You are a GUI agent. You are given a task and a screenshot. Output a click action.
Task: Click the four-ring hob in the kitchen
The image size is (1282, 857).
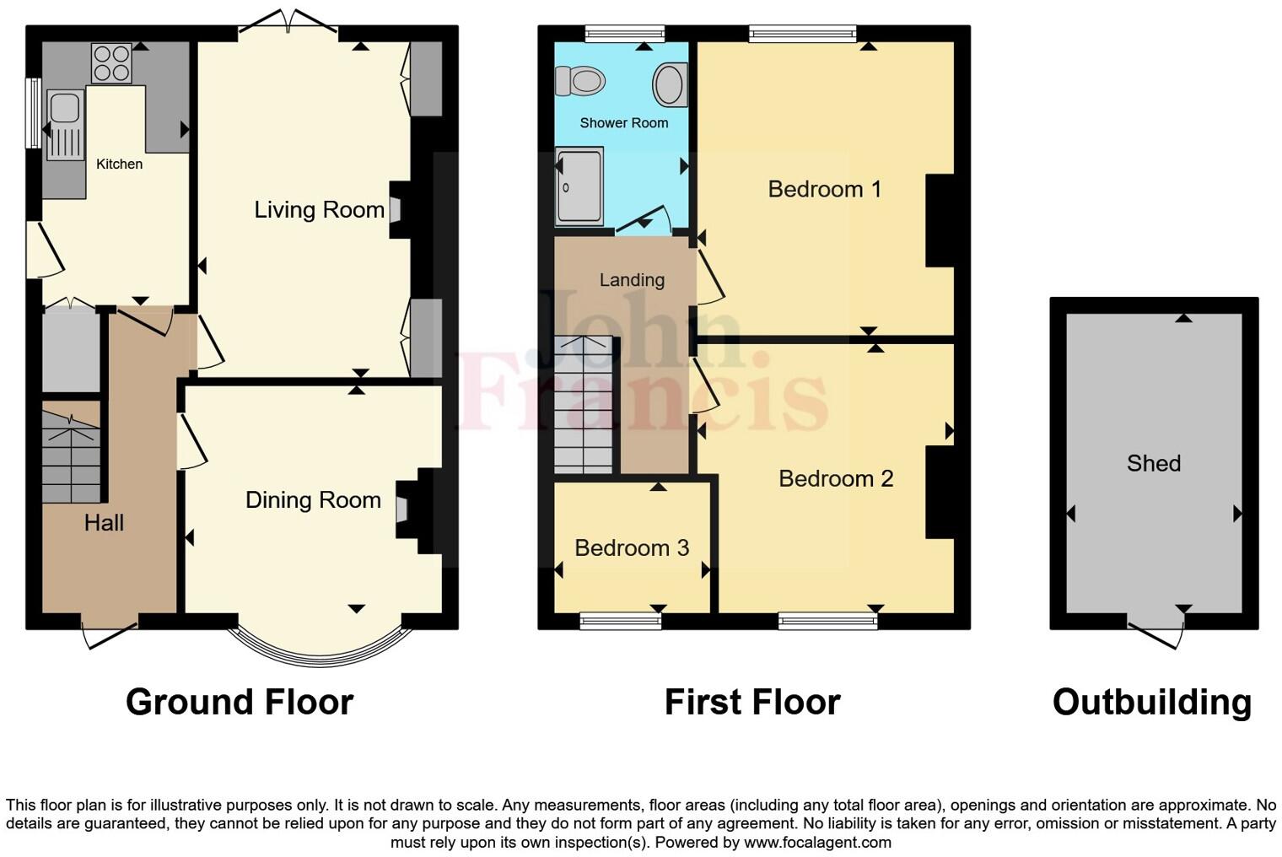pos(111,63)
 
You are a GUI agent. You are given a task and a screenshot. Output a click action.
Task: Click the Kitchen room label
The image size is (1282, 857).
pos(119,164)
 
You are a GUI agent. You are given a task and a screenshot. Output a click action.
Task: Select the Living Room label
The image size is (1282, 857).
pos(319,209)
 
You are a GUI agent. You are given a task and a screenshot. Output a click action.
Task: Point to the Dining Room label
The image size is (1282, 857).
pos(313,500)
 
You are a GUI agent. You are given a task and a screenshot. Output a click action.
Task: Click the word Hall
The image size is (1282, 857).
pos(104,523)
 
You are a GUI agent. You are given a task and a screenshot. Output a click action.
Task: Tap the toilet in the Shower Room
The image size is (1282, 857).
pos(580,82)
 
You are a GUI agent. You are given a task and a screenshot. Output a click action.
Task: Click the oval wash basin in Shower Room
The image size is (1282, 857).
pos(671,84)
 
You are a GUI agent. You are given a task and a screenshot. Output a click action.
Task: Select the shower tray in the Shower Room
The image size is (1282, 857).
pos(579,186)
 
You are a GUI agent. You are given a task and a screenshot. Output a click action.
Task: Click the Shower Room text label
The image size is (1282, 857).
pos(623,123)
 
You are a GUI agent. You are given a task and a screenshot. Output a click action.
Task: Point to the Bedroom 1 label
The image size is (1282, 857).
pos(824,189)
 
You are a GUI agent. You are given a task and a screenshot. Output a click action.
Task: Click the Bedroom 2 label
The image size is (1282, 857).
pos(835,479)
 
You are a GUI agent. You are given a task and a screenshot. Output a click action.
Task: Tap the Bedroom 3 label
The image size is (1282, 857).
pos(632,548)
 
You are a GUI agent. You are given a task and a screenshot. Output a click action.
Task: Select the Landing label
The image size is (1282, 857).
pos(632,280)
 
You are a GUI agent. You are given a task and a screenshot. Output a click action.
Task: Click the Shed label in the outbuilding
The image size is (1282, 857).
pos(1153,463)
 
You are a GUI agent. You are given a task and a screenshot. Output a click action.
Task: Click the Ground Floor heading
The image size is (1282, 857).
pos(240,702)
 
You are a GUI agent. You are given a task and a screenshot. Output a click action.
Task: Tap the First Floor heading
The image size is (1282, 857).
pos(751,702)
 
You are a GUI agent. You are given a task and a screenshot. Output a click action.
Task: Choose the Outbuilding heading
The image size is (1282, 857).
pos(1151,702)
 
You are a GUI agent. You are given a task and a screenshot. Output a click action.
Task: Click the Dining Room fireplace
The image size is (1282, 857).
pos(402,509)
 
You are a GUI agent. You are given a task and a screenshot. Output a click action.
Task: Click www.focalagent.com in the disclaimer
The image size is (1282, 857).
pos(816,842)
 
